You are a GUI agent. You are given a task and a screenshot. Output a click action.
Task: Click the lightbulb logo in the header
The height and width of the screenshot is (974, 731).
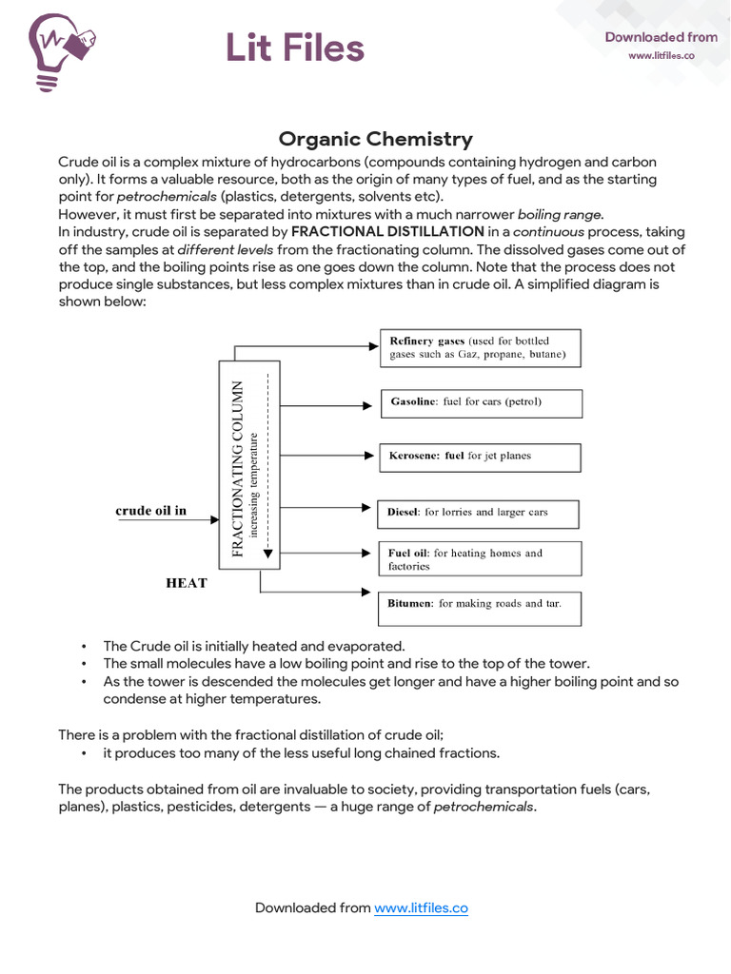pyautogui.click(x=62, y=49)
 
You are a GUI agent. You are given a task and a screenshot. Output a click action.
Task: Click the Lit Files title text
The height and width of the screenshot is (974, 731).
pyautogui.click(x=294, y=47)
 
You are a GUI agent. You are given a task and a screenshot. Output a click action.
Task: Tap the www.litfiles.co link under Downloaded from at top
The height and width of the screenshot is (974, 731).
pyautogui.click(x=660, y=56)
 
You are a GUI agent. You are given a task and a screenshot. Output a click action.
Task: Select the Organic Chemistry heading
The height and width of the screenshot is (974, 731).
pyautogui.click(x=375, y=139)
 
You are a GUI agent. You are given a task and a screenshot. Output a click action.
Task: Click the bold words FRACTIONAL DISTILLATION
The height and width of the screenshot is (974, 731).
pyautogui.click(x=387, y=231)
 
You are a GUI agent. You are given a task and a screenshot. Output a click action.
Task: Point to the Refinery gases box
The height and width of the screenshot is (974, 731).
pyautogui.click(x=480, y=348)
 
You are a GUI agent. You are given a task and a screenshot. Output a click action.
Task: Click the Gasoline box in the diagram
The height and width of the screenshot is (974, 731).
pyautogui.click(x=481, y=402)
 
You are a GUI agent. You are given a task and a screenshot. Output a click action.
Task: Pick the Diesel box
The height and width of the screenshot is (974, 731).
pyautogui.click(x=478, y=513)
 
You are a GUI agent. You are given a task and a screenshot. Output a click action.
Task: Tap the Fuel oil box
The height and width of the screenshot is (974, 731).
pyautogui.click(x=480, y=559)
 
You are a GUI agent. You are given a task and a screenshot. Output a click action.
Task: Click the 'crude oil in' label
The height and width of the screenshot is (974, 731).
pyautogui.click(x=151, y=511)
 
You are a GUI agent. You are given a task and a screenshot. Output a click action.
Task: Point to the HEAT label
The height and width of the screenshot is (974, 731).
pyautogui.click(x=187, y=583)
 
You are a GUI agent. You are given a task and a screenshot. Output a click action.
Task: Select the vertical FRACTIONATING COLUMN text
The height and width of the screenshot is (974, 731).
pyautogui.click(x=238, y=467)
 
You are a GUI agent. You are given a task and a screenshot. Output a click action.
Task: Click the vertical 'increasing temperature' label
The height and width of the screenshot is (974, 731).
pyautogui.click(x=254, y=484)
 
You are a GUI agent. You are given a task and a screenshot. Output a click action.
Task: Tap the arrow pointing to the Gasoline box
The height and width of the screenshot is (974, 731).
pyautogui.click(x=325, y=405)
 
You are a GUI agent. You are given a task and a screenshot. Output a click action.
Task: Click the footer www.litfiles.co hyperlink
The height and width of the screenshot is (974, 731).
pyautogui.click(x=421, y=908)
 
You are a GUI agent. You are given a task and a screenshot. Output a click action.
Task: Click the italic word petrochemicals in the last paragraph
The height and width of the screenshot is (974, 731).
pyautogui.click(x=484, y=808)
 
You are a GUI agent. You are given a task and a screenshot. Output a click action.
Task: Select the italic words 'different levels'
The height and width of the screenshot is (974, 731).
pyautogui.click(x=226, y=249)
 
